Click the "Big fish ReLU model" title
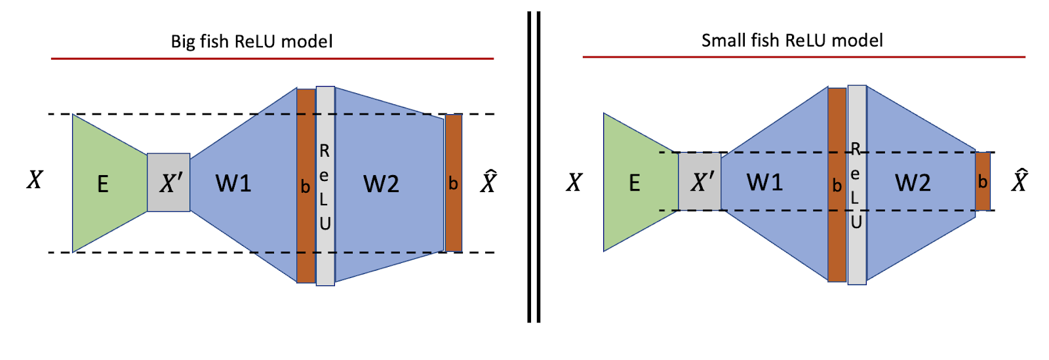252,42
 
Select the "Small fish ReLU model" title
792,41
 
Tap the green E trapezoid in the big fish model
105,183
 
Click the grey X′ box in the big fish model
168,183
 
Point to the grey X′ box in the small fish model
700,182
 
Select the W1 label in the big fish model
233,184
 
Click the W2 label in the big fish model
381,184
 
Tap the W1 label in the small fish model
764,182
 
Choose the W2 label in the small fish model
913,182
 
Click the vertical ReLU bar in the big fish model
325,186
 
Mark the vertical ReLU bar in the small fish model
856,185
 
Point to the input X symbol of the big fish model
35,180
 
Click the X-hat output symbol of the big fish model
488,182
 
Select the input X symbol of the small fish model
574,182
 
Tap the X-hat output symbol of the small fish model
1019,180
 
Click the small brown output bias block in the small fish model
982,182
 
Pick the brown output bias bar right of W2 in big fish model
453,183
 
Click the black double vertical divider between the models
534,167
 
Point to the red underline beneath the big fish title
272,59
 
